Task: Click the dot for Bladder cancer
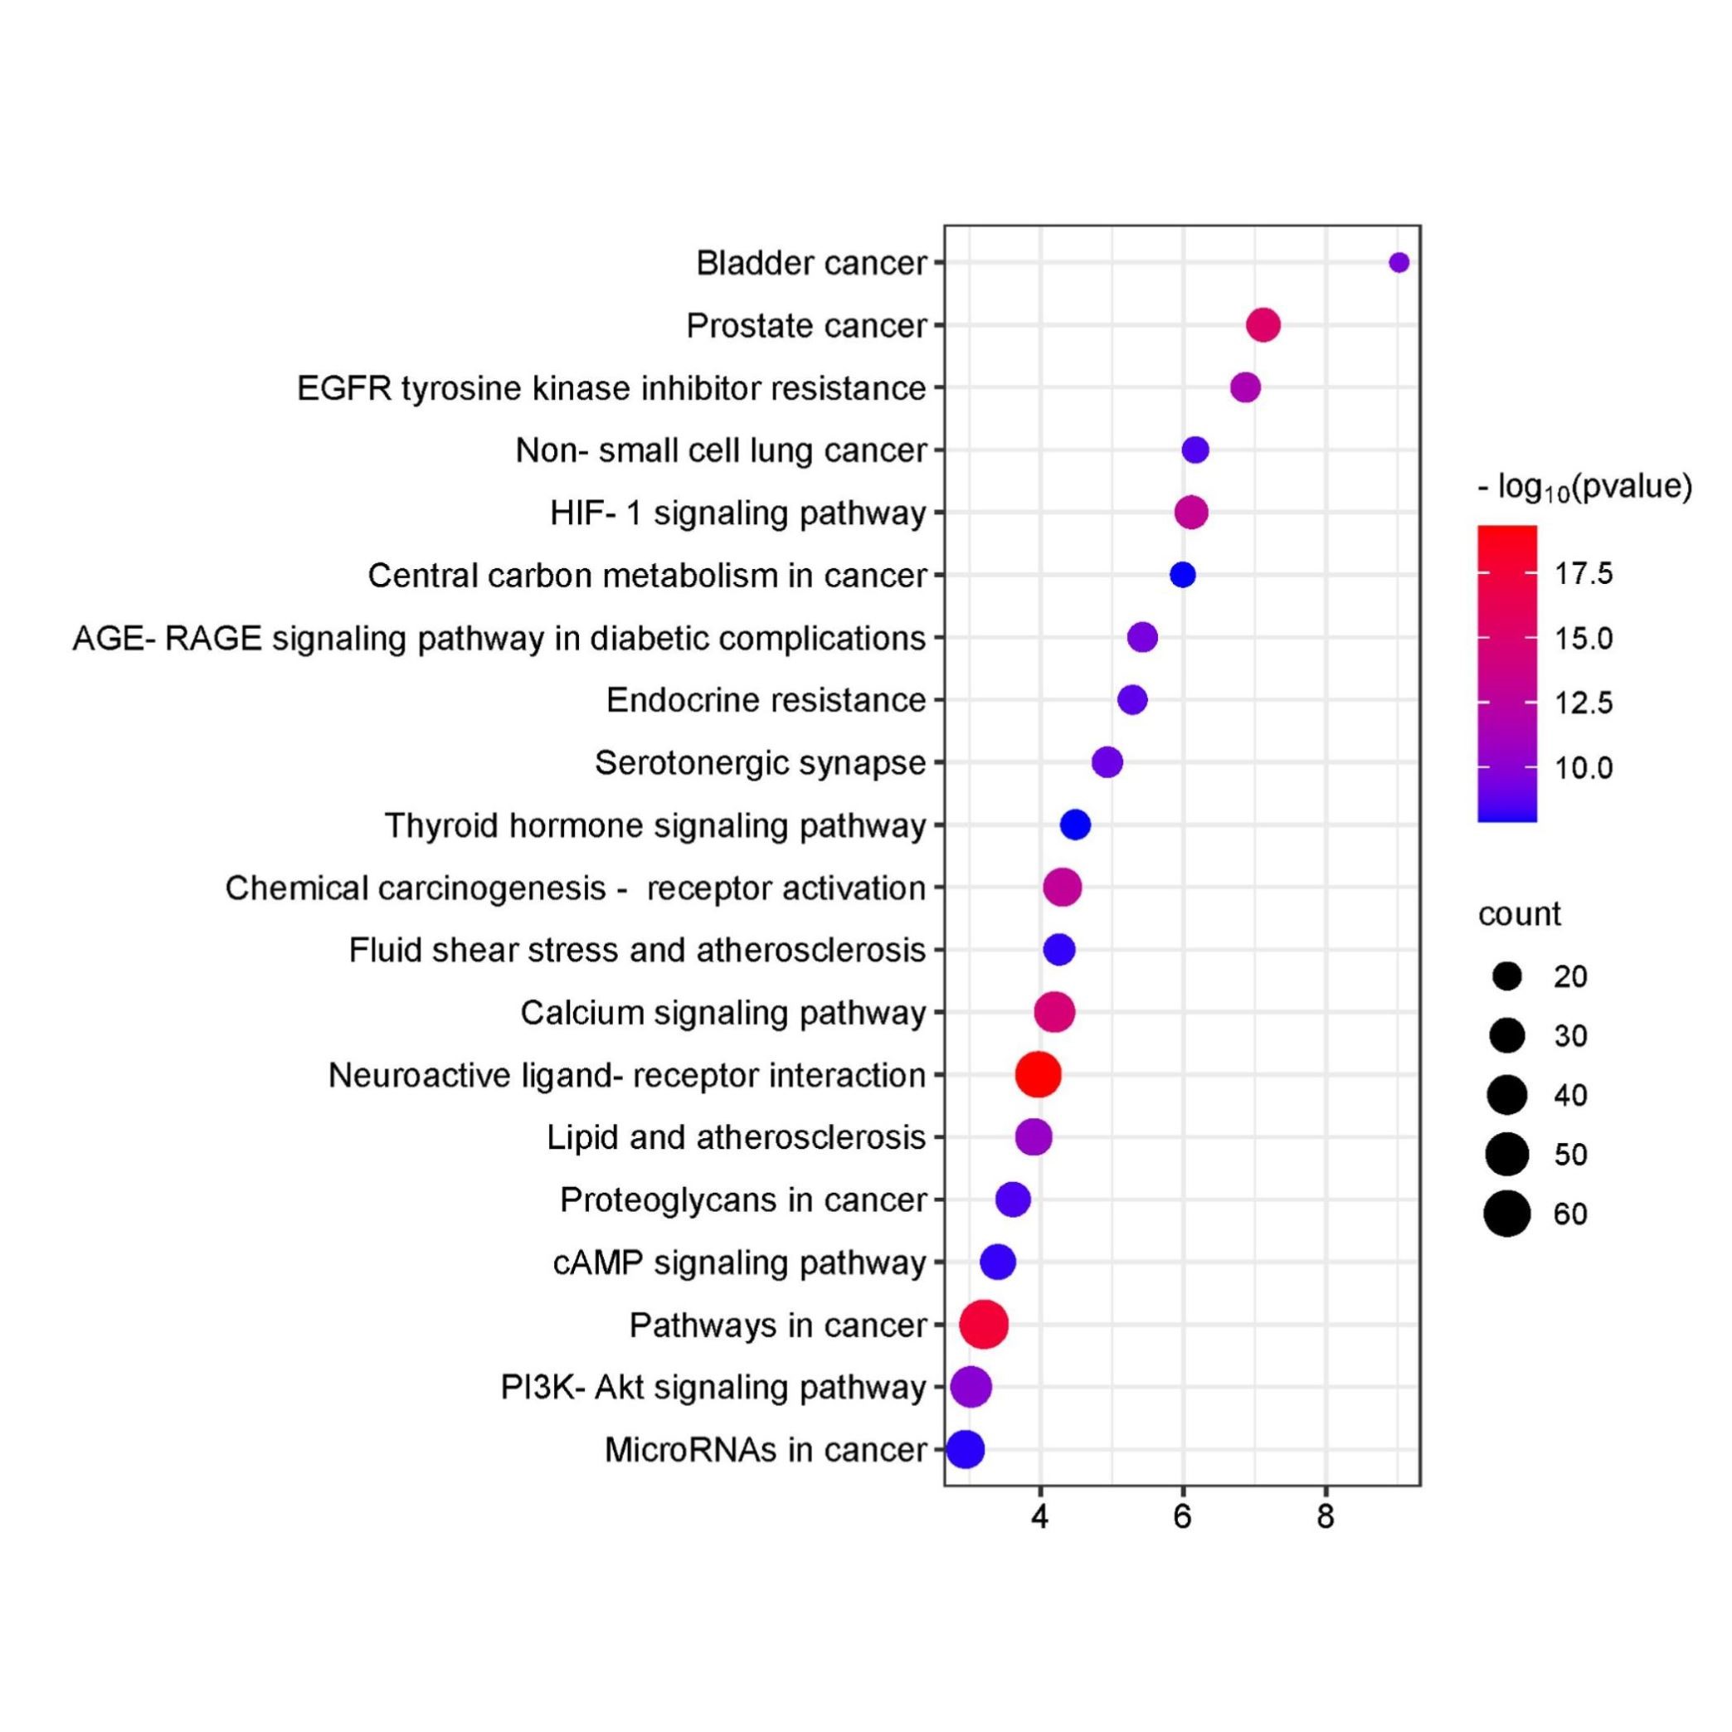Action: [x=1399, y=263]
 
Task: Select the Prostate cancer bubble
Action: [x=1263, y=324]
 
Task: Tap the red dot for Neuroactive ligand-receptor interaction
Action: [x=1039, y=1074]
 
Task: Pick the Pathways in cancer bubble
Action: [x=984, y=1324]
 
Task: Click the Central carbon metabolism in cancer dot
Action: [x=1183, y=575]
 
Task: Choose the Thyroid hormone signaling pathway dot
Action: [x=1075, y=825]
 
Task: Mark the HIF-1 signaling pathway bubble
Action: [x=1191, y=513]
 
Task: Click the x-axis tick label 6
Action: [x=1183, y=1517]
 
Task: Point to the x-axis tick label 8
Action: [x=1325, y=1517]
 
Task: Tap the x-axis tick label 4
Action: [x=1040, y=1517]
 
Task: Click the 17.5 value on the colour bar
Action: [x=1584, y=574]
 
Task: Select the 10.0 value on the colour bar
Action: [x=1584, y=768]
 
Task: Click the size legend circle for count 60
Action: [x=1507, y=1214]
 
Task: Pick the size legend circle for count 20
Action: [x=1507, y=976]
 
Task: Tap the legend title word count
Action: [x=1520, y=913]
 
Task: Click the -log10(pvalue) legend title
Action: [x=1585, y=488]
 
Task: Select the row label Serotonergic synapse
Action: [x=760, y=763]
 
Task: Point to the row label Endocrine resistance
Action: [x=766, y=700]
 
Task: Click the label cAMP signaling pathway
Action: [x=740, y=1263]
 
